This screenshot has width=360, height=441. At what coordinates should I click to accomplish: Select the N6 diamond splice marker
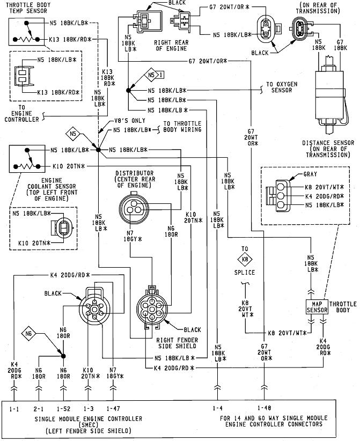(x=30, y=335)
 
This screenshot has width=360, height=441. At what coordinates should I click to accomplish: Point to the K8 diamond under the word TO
(x=245, y=259)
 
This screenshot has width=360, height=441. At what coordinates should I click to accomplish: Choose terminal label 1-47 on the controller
(x=113, y=409)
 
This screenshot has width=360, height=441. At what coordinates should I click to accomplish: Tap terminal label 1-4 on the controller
(x=217, y=409)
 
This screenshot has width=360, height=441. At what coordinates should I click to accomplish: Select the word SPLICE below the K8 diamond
(x=245, y=273)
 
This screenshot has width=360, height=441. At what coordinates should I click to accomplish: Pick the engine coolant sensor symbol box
(x=24, y=158)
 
